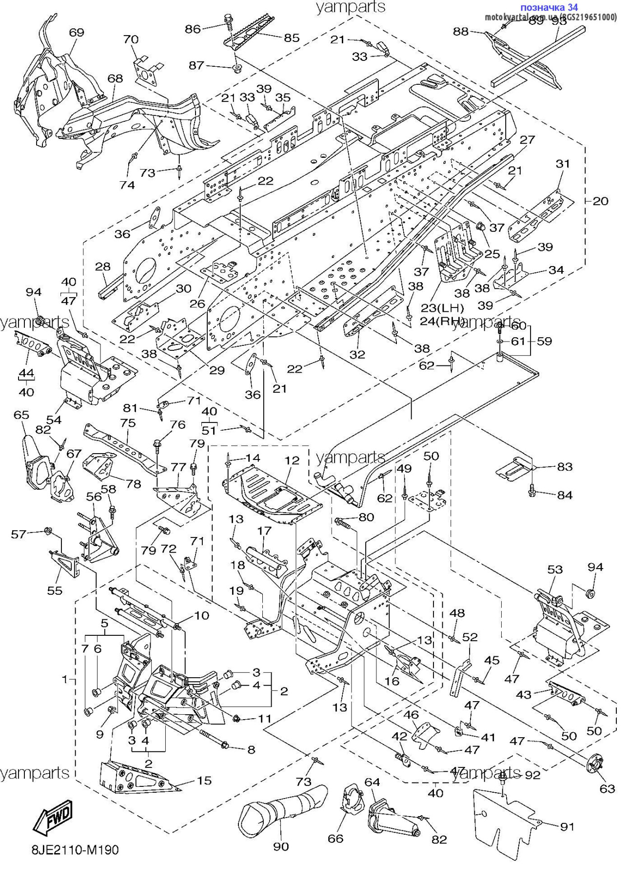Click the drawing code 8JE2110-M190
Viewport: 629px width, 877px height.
click(x=75, y=850)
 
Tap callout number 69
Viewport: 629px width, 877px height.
click(x=77, y=33)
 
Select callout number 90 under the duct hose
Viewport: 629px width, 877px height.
click(x=281, y=847)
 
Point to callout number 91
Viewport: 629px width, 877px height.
click(x=567, y=826)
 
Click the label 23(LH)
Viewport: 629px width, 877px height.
click(x=442, y=308)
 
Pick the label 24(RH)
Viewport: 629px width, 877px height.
click(x=442, y=321)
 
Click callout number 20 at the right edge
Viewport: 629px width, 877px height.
click(x=601, y=201)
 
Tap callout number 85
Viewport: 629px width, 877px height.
click(x=292, y=38)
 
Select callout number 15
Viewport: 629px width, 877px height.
click(x=204, y=781)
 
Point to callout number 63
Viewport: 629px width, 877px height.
click(x=607, y=788)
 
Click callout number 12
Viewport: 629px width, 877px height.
click(x=292, y=460)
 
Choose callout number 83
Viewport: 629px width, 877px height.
click(x=565, y=466)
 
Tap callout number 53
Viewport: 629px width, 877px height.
click(x=555, y=569)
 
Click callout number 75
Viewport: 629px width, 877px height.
click(x=128, y=422)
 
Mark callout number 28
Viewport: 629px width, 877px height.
click(x=103, y=267)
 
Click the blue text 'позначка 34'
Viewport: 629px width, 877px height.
click(x=549, y=7)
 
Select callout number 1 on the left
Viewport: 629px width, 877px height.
click(x=65, y=679)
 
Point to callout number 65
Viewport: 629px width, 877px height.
click(x=21, y=415)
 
